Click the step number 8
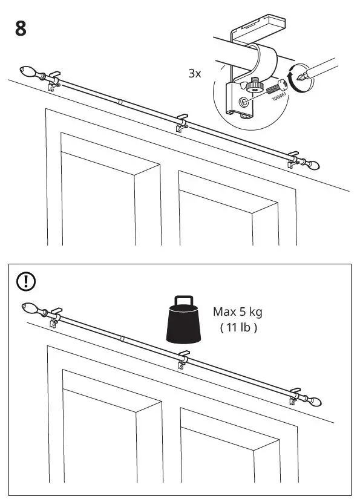pyautogui.click(x=21, y=28)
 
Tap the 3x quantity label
pyautogui.click(x=195, y=74)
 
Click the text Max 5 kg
pyautogui.click(x=238, y=312)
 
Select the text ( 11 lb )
pyautogui.click(x=238, y=328)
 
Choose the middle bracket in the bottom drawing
pyautogui.click(x=182, y=359)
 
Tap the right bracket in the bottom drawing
pyautogui.click(x=295, y=396)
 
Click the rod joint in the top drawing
pyautogui.click(x=120, y=103)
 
